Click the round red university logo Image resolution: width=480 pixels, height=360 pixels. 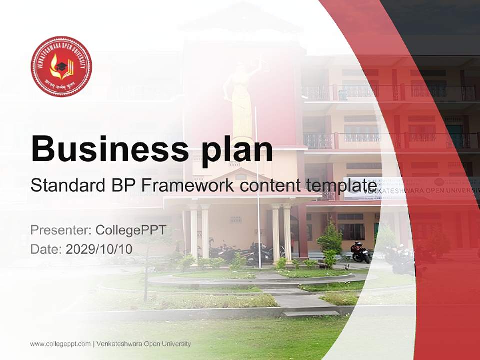61,66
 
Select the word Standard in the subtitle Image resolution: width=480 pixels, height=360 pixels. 66,186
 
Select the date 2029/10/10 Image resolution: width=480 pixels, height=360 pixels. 99,249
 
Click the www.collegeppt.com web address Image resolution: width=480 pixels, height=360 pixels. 60,344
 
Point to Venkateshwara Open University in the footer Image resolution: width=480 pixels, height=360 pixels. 143,344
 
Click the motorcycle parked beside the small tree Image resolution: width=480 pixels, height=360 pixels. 360,252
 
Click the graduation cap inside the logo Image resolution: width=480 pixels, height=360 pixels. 62,65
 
